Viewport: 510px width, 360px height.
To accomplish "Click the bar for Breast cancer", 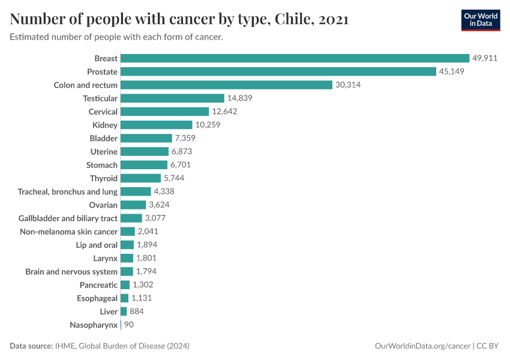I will pyautogui.click(x=295, y=58).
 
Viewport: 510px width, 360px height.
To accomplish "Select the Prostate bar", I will pyautogui.click(x=278, y=71).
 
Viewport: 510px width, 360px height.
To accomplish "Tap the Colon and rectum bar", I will pyautogui.click(x=226, y=85).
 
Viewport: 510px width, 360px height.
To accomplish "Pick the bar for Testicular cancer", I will pyautogui.click(x=172, y=98).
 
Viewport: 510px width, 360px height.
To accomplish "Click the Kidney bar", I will pyautogui.click(x=157, y=125).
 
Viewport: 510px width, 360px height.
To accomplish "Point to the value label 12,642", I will pyautogui.click(x=224, y=112).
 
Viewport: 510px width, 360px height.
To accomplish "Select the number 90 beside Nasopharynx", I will pyautogui.click(x=129, y=325).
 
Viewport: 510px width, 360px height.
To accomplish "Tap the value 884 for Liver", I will pyautogui.click(x=137, y=311).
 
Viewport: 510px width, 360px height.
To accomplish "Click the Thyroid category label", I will pyautogui.click(x=104, y=178).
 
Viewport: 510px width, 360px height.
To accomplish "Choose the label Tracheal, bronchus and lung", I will pyautogui.click(x=68, y=191).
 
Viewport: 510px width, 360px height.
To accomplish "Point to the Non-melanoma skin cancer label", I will pyautogui.click(x=68, y=232).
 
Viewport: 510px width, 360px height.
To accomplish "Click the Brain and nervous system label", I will pyautogui.click(x=71, y=272).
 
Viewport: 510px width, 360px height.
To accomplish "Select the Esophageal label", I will pyautogui.click(x=97, y=298).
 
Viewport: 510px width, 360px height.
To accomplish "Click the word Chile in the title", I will pyautogui.click(x=294, y=19).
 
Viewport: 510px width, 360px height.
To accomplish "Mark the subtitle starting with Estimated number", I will pyautogui.click(x=116, y=37).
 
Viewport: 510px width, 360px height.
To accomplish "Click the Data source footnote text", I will pyautogui.click(x=100, y=346).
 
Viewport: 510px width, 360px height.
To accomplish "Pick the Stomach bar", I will pyautogui.click(x=144, y=165).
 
